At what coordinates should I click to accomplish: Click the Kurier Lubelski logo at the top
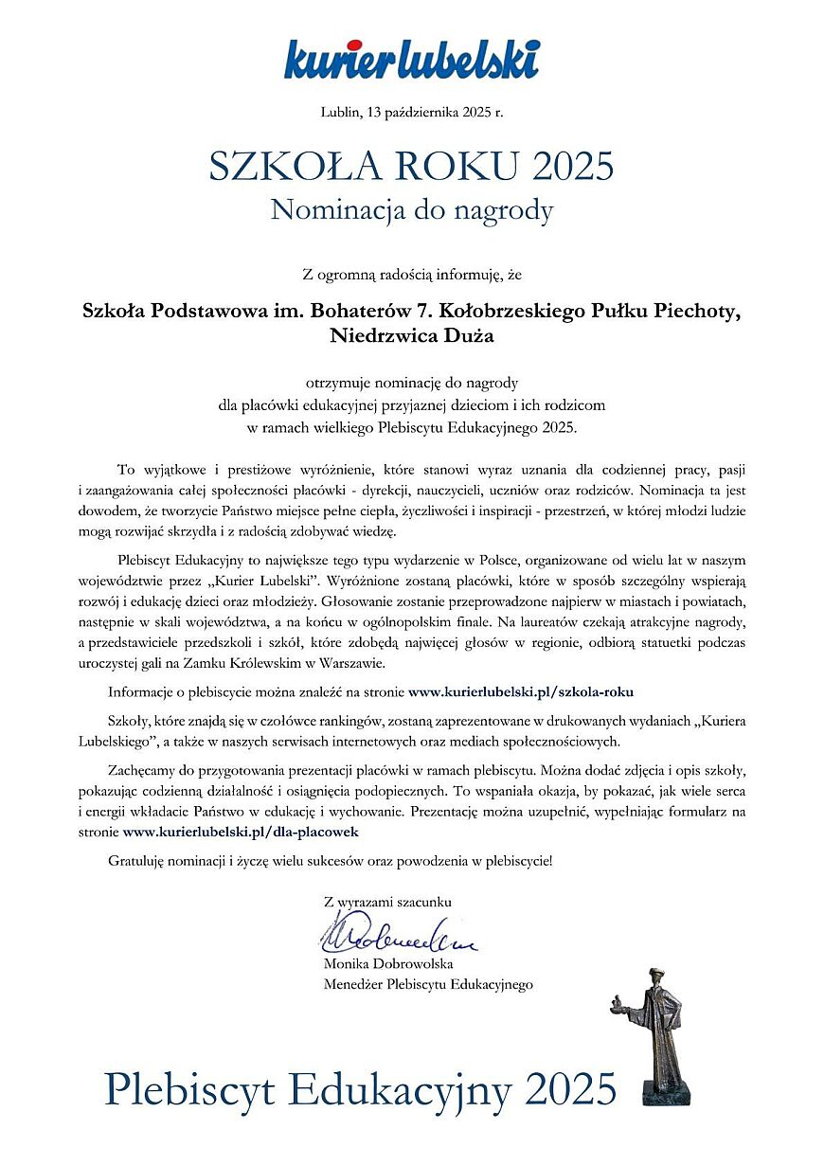click(412, 59)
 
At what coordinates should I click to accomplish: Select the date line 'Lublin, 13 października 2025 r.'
click(412, 113)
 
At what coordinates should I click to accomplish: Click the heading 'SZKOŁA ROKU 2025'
click(412, 167)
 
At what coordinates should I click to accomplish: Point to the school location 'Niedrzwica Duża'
click(412, 333)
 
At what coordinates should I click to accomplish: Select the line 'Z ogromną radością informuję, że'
click(412, 276)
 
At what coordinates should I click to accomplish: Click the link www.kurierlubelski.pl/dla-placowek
click(241, 831)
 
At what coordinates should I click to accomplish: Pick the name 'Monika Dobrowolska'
click(388, 964)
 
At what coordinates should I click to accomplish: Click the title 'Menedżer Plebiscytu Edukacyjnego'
click(428, 984)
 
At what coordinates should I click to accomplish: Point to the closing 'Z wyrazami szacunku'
click(387, 902)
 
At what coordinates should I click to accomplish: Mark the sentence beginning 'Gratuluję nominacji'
click(329, 861)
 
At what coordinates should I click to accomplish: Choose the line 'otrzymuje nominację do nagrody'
click(412, 384)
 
